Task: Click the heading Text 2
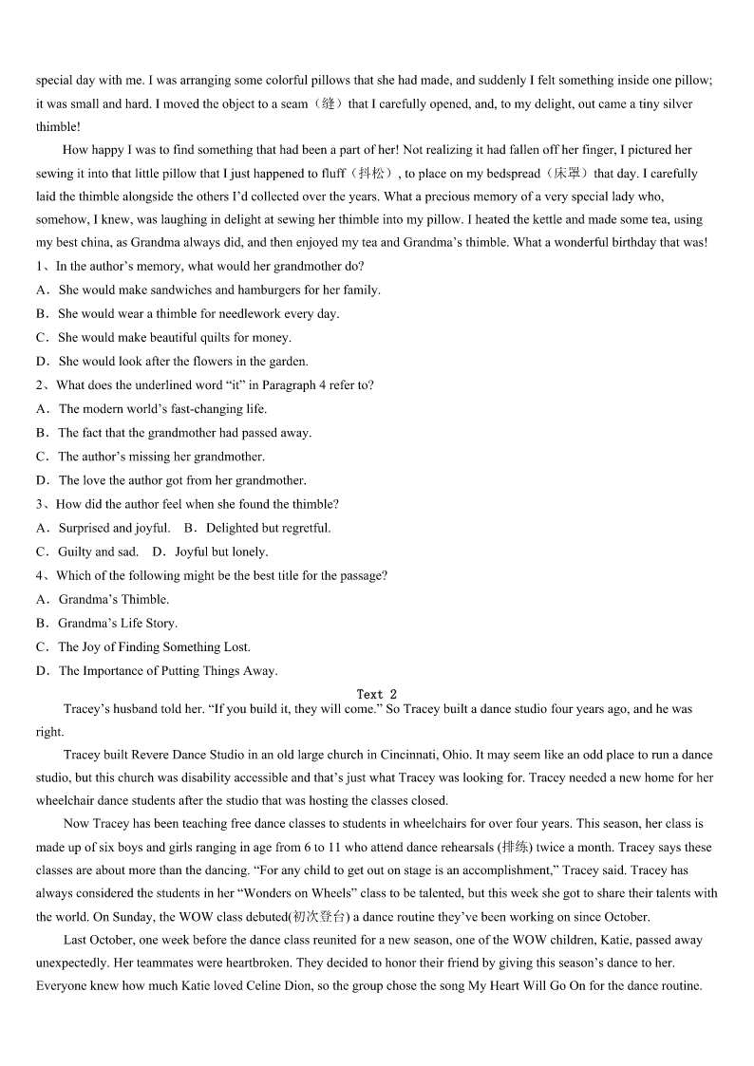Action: [x=377, y=694]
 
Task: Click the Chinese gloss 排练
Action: [x=516, y=847]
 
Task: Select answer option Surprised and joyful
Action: [x=114, y=528]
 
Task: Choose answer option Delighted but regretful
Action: [x=268, y=528]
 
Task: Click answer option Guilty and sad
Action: [x=98, y=552]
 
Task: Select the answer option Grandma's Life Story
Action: [x=118, y=623]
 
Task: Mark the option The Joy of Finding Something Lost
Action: [x=154, y=646]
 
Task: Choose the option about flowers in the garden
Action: [x=182, y=361]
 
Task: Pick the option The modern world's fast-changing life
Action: [x=162, y=409]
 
